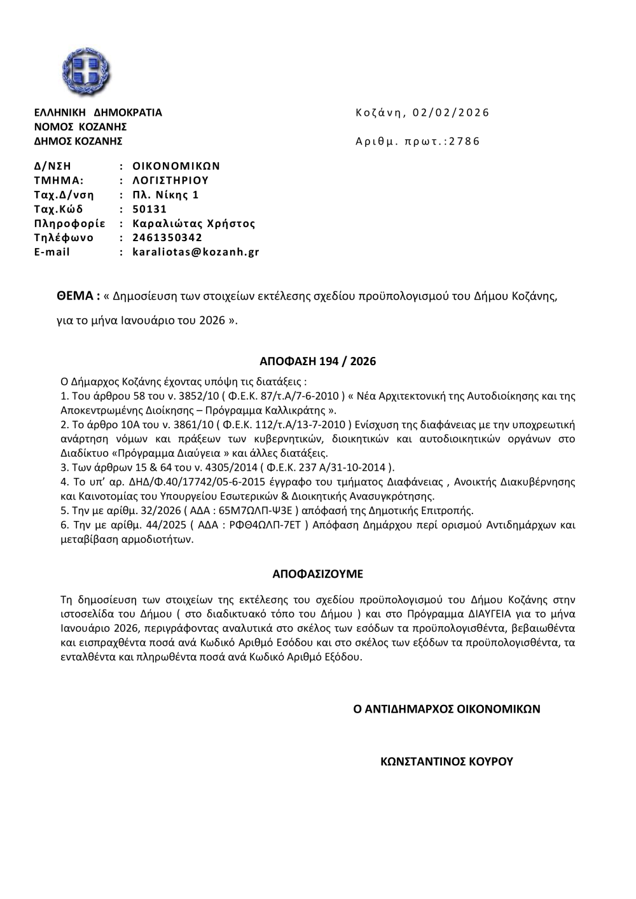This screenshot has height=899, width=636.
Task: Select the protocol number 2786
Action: click(x=465, y=141)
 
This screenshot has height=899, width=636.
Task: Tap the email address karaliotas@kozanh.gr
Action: click(x=195, y=252)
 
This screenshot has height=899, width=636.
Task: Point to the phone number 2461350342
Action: click(x=167, y=238)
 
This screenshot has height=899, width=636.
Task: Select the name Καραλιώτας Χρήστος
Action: click(x=193, y=223)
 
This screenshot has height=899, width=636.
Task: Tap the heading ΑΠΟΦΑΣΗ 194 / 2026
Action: click(x=318, y=361)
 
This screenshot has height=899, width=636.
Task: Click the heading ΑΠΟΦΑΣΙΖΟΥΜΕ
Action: click(x=318, y=573)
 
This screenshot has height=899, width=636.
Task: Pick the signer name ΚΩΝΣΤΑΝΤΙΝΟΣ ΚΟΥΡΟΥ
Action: click(x=446, y=761)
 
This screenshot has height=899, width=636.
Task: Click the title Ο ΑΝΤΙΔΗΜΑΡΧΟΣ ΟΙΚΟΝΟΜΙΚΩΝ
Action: click(x=446, y=708)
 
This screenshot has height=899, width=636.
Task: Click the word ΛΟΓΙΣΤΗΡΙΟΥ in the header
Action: click(x=170, y=180)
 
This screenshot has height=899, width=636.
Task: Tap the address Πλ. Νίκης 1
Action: click(x=165, y=195)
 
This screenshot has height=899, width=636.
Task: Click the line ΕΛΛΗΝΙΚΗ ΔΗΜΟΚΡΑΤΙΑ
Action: click(x=98, y=113)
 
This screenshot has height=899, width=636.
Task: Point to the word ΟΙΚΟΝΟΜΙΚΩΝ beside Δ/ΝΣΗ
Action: click(x=176, y=166)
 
